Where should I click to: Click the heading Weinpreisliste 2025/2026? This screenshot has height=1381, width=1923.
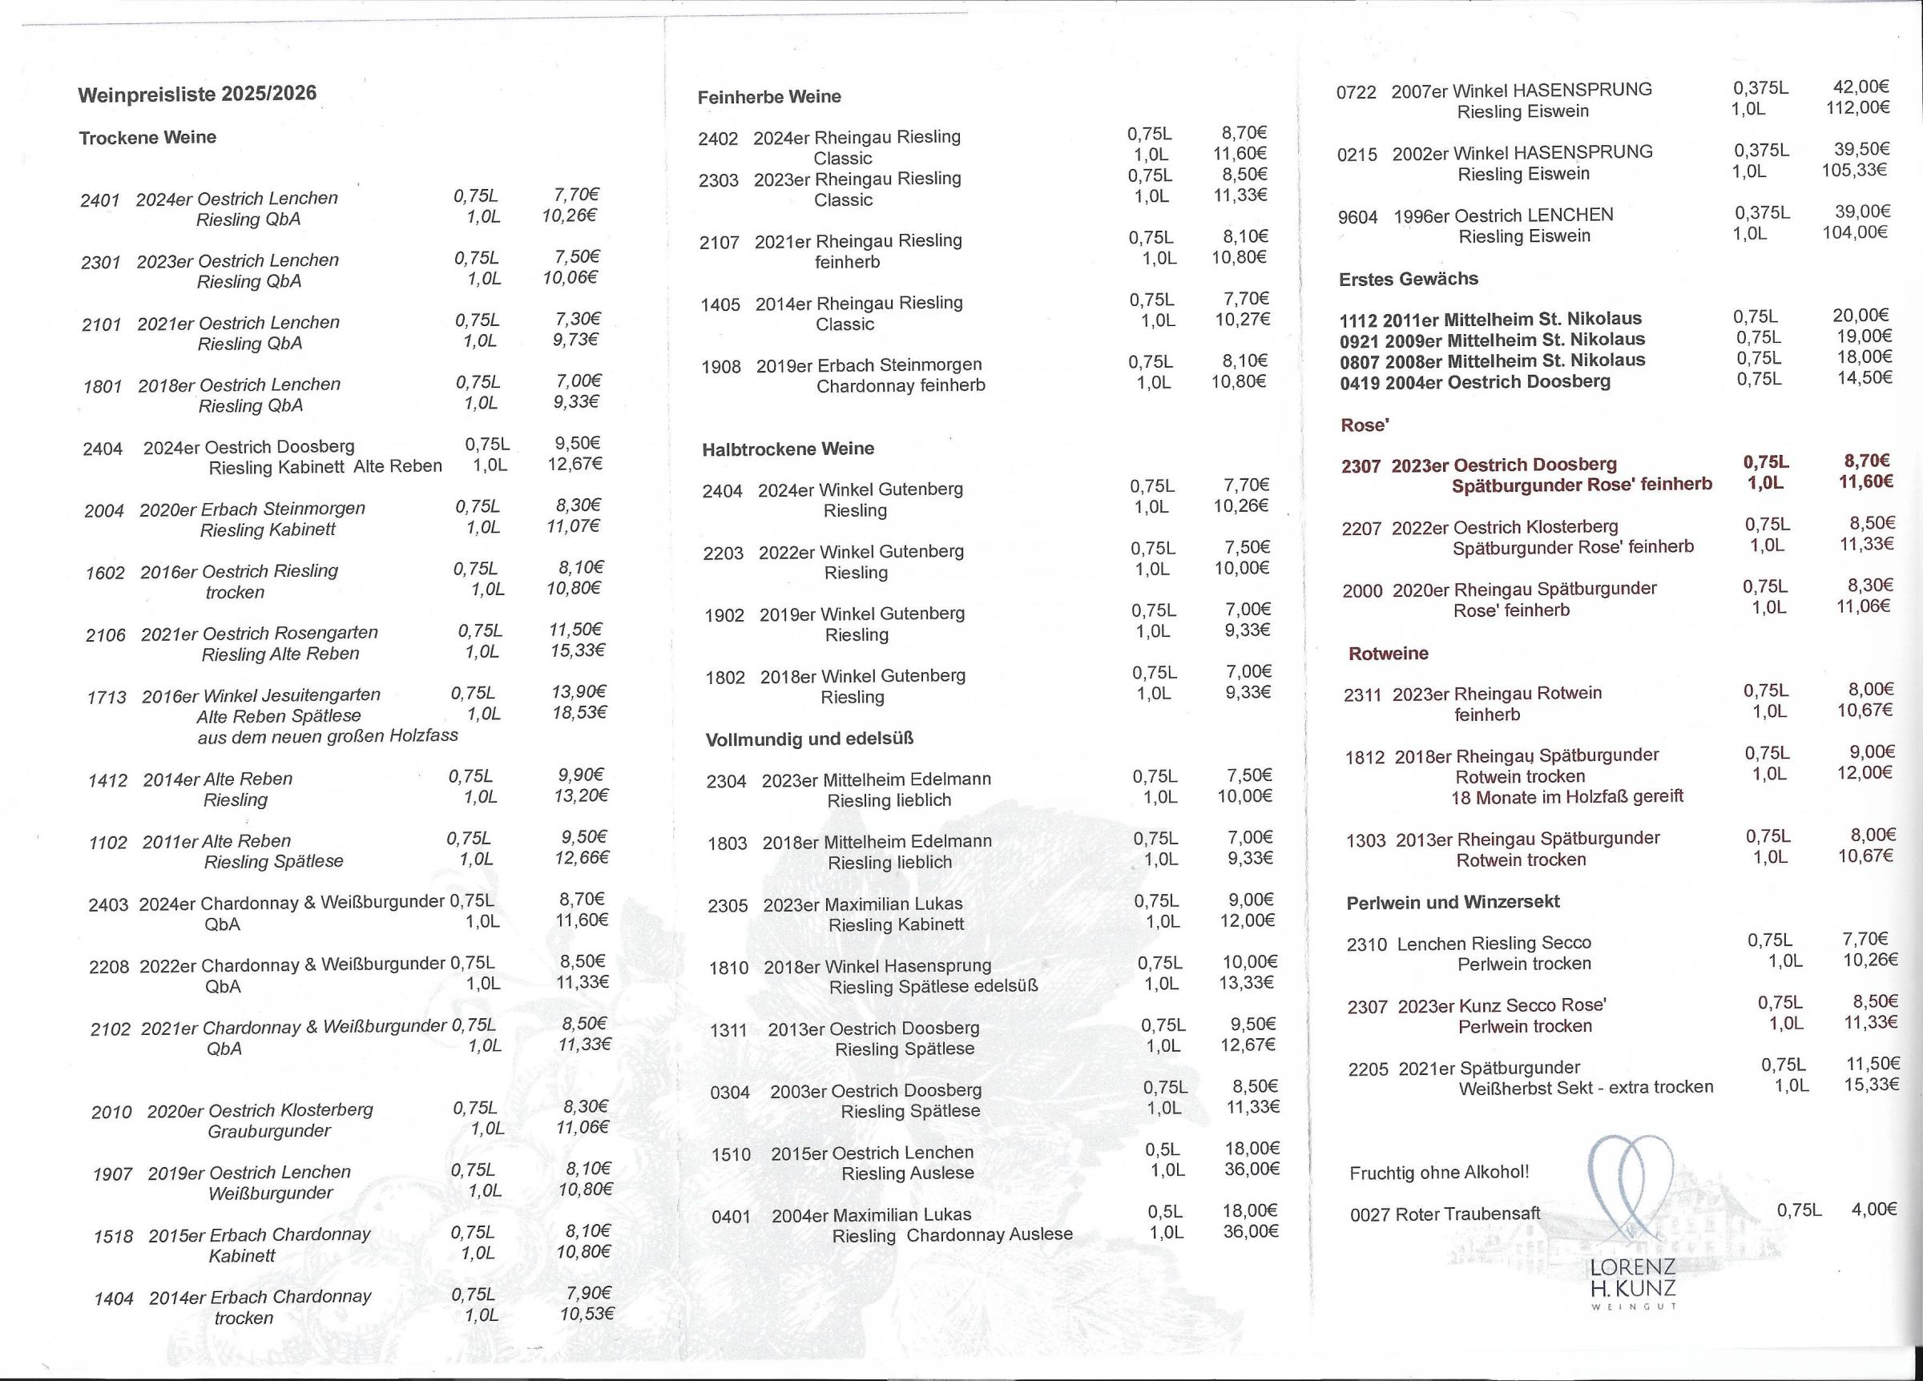pyautogui.click(x=197, y=93)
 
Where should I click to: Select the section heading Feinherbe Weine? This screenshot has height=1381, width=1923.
pyautogui.click(x=769, y=97)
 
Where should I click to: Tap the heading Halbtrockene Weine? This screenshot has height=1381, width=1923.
pyautogui.click(x=788, y=449)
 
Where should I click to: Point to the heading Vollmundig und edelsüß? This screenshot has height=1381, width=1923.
pyautogui.click(x=809, y=739)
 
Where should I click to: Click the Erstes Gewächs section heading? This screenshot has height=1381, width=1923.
pyautogui.click(x=1409, y=279)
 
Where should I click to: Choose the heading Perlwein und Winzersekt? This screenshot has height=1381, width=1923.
pyautogui.click(x=1453, y=901)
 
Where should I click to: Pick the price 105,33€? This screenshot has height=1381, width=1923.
pyautogui.click(x=1854, y=170)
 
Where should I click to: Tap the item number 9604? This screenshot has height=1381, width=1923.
pyautogui.click(x=1357, y=218)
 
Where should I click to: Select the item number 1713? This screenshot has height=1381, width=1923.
pyautogui.click(x=107, y=698)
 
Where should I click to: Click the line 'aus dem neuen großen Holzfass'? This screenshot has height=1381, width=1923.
pyautogui.click(x=327, y=736)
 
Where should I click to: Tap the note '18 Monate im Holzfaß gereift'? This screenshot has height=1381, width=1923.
pyautogui.click(x=1567, y=797)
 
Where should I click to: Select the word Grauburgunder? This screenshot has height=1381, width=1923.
pyautogui.click(x=268, y=1131)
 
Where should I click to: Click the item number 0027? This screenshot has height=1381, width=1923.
pyautogui.click(x=1369, y=1215)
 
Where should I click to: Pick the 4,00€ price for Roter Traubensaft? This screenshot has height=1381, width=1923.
pyautogui.click(x=1874, y=1209)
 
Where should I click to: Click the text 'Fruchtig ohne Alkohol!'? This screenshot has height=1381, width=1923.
pyautogui.click(x=1439, y=1173)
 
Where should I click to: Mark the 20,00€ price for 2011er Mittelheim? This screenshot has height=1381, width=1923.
pyautogui.click(x=1861, y=316)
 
